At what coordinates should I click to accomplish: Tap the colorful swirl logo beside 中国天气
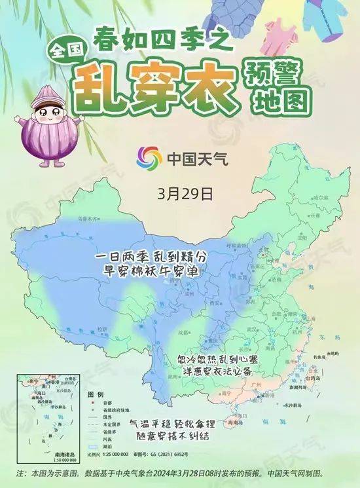[149, 159]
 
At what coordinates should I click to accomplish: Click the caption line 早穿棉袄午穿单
[147, 269]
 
